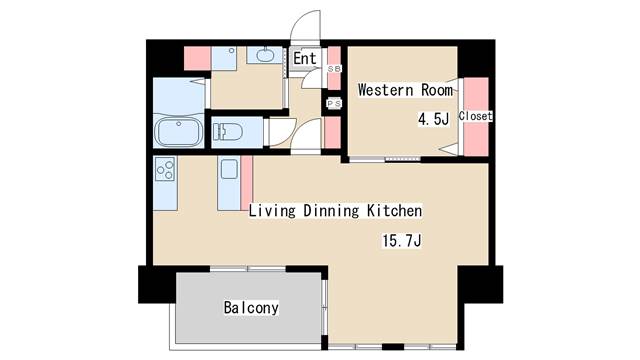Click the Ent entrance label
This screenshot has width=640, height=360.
304,58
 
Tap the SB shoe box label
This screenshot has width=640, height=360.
334,69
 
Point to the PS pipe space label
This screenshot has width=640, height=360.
334,104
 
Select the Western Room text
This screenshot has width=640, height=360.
405,90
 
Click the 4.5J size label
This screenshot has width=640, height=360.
433,119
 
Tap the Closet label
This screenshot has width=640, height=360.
476,116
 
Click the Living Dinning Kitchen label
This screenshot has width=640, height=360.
336,211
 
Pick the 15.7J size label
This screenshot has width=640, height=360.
402,241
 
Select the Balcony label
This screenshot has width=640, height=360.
251,307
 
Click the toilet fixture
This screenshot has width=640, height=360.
228,132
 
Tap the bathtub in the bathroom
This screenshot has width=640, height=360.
179,132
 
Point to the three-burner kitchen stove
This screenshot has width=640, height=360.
165,169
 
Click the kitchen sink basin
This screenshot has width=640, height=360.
229,169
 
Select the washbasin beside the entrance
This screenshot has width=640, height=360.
264,55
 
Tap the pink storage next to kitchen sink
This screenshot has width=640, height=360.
247,183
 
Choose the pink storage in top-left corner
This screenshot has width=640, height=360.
197,58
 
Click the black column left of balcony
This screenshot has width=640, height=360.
158,284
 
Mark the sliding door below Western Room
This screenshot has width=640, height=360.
385,158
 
